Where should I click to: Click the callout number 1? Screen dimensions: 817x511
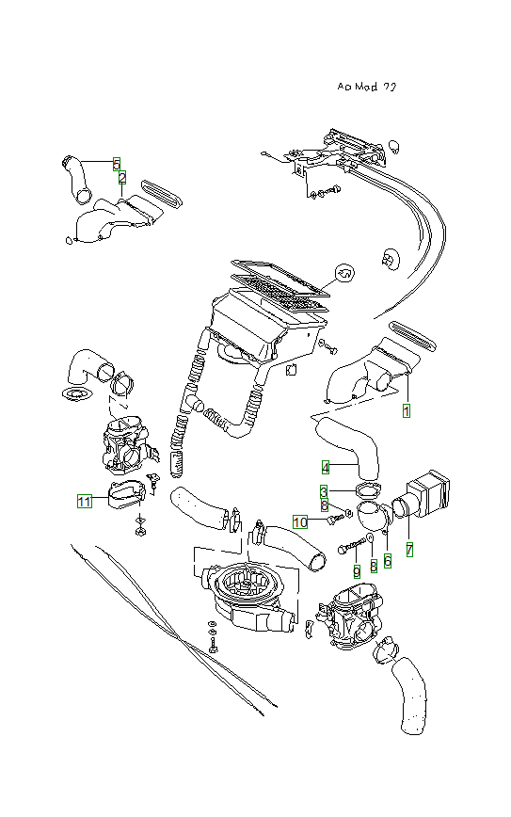pos(407,411)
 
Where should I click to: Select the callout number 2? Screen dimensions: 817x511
pos(121,177)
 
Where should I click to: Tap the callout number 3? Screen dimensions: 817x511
pos(324,491)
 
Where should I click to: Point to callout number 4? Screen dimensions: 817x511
pos(325,468)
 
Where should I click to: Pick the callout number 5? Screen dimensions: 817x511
pos(116,163)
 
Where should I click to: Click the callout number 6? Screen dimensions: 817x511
pos(387,559)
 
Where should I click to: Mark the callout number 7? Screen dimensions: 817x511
pos(409,547)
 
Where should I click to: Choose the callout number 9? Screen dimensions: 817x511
pos(357,570)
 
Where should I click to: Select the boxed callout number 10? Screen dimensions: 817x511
pos(300,521)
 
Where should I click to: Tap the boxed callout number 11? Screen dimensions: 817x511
pos(85,502)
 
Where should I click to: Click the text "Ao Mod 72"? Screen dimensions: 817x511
pos(366,86)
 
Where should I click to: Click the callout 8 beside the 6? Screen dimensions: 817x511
pos(374,565)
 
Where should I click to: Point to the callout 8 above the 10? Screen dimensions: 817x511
pos(325,505)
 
